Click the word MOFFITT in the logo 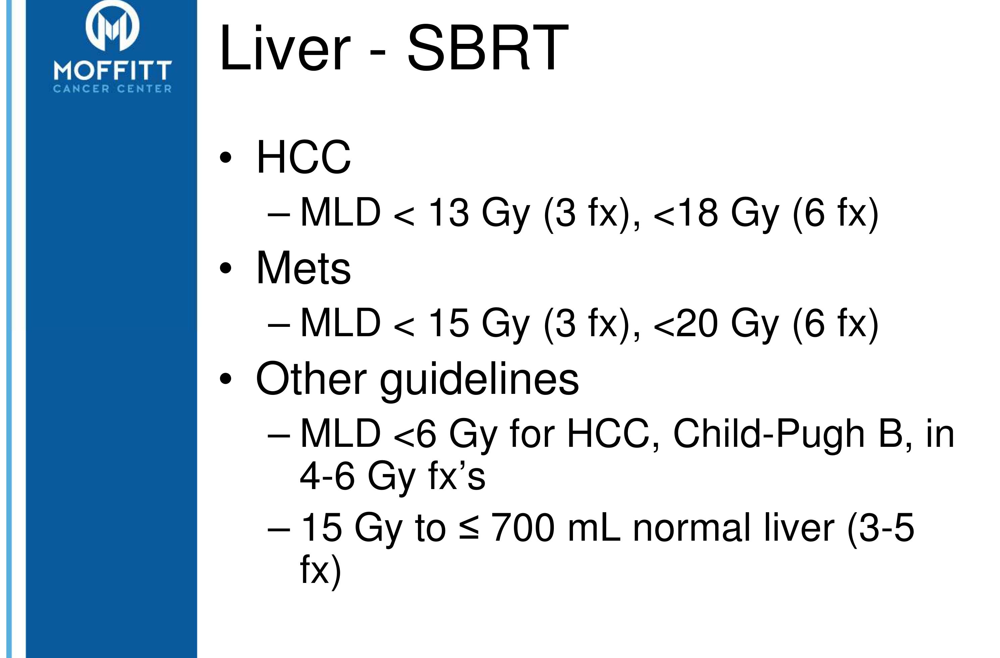click(x=113, y=70)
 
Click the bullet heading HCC click(x=303, y=157)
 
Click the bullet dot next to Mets click(x=226, y=268)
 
